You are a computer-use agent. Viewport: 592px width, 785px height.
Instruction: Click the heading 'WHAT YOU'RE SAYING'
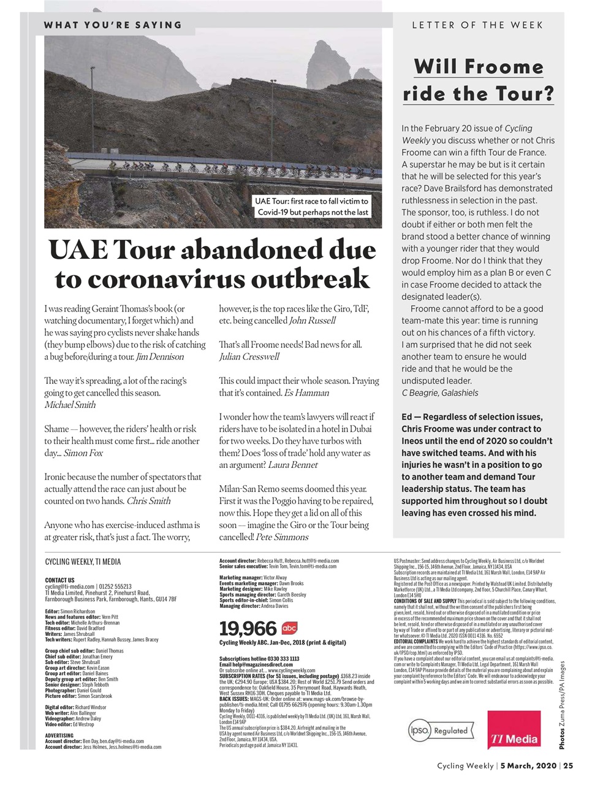point(113,25)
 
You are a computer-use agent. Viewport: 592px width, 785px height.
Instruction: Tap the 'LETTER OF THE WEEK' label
point(477,25)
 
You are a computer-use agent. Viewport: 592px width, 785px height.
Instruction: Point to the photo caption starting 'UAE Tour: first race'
point(313,207)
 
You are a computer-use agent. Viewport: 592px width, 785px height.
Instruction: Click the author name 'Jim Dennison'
point(159,357)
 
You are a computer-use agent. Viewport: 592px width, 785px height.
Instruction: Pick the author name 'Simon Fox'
point(83,453)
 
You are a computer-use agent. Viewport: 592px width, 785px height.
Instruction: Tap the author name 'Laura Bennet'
point(292,465)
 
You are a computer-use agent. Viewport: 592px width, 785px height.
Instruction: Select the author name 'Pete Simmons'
point(282,537)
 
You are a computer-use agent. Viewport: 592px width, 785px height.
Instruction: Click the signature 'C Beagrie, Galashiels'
point(439,393)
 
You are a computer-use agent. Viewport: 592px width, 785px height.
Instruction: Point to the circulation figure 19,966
point(248,629)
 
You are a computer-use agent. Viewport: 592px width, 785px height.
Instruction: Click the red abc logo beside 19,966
point(289,628)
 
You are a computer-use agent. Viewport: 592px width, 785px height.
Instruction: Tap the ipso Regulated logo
point(441,731)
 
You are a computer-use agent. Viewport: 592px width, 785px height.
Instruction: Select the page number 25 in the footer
point(568,766)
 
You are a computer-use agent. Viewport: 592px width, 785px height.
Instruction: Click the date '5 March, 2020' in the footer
point(528,766)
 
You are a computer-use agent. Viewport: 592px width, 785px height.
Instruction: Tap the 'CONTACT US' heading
point(59,580)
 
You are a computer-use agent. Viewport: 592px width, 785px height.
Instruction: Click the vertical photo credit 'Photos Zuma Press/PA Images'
point(561,705)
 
